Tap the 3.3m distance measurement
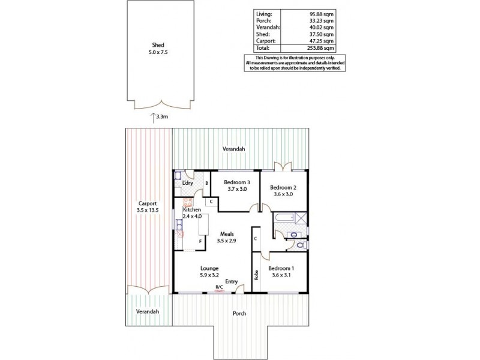161,118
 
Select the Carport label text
147,203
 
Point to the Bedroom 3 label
236,182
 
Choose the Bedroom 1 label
281,268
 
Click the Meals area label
226,235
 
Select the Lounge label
210,268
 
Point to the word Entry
232,281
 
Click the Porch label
239,313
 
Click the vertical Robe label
256,275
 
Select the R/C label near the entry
219,288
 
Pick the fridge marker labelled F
200,242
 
